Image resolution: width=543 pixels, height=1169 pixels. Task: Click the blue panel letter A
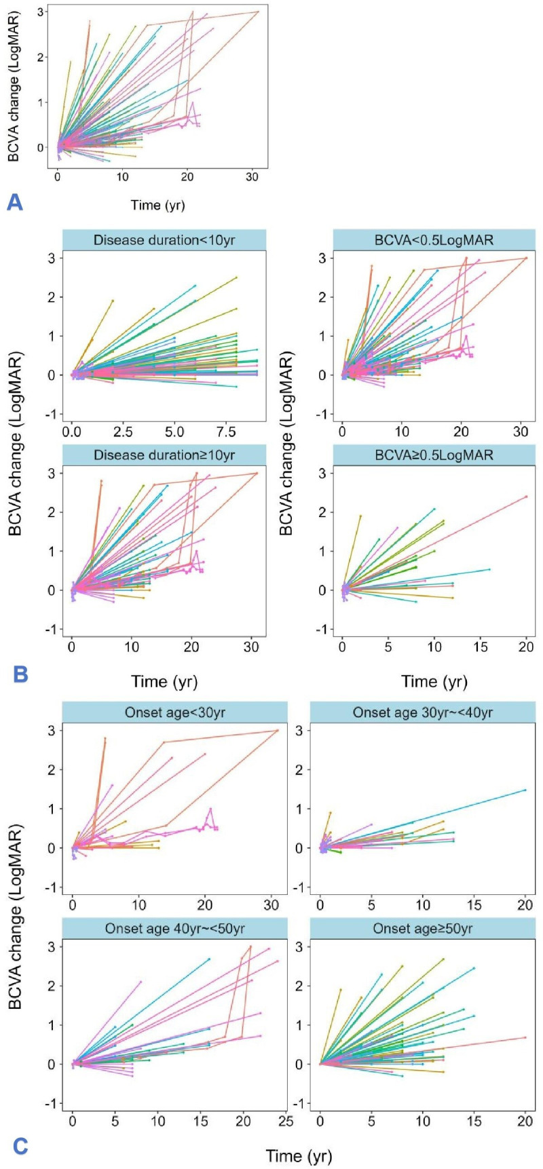pos(15,201)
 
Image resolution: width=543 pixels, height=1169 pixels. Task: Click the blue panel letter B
pos(20,674)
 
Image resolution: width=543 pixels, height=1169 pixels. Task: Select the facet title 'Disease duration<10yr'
pos(164,239)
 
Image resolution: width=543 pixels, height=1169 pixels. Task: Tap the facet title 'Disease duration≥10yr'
pos(164,454)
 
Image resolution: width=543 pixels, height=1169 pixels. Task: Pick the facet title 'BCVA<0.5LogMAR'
pos(434,239)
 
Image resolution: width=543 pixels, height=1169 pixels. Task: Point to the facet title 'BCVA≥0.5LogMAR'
pos(434,454)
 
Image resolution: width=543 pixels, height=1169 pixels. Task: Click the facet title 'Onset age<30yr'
pos(174,712)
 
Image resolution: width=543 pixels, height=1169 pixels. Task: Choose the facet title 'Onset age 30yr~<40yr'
pos(423,712)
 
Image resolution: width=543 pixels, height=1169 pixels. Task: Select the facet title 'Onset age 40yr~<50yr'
pos(174,928)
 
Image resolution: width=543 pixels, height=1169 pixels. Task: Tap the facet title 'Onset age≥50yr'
pos(423,928)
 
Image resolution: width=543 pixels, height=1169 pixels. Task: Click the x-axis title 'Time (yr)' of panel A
pos(157,204)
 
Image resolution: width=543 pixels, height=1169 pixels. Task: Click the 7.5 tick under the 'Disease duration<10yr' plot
pos(226,432)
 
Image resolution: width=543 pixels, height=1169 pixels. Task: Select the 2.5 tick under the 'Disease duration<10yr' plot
pos(123,432)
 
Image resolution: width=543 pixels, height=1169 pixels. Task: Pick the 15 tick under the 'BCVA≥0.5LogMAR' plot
pos(481,647)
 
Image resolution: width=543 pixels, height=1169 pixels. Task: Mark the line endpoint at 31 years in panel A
pos(259,12)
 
